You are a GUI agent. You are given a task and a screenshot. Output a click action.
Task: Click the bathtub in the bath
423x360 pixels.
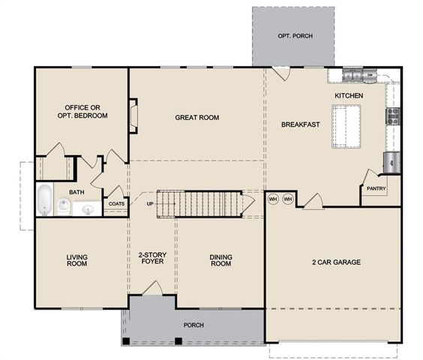coord(45,200)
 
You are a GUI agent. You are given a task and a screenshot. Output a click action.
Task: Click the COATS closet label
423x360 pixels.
coord(116,203)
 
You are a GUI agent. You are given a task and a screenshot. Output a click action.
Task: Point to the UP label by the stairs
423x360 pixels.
coord(150,204)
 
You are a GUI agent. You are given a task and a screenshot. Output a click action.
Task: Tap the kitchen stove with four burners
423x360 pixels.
coord(391,116)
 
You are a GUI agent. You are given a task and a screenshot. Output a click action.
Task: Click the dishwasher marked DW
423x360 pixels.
coord(370,75)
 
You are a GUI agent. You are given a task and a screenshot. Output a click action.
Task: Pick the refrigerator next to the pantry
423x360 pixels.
coord(391,161)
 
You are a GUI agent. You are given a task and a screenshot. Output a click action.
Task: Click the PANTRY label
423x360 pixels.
coord(376,189)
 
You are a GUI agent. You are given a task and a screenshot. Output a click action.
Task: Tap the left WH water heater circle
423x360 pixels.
coord(274,199)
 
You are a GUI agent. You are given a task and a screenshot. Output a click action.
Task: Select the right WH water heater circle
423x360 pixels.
coord(286,199)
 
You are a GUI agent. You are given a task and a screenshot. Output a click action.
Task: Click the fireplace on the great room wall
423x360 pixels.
coord(133,116)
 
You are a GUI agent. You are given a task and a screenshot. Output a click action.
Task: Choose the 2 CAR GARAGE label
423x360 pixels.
coord(337,262)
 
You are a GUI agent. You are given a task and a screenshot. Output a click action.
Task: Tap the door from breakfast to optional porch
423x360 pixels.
coord(278,73)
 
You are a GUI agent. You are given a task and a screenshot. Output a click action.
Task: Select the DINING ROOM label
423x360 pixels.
coord(220,262)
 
